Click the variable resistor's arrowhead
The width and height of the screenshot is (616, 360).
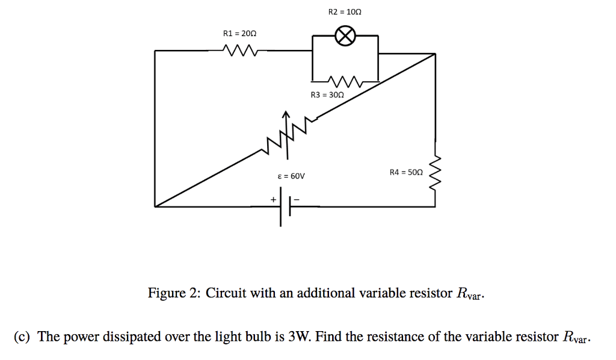[287, 114]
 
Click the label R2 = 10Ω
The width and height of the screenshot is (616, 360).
[345, 11]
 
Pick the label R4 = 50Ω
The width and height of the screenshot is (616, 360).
[406, 173]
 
